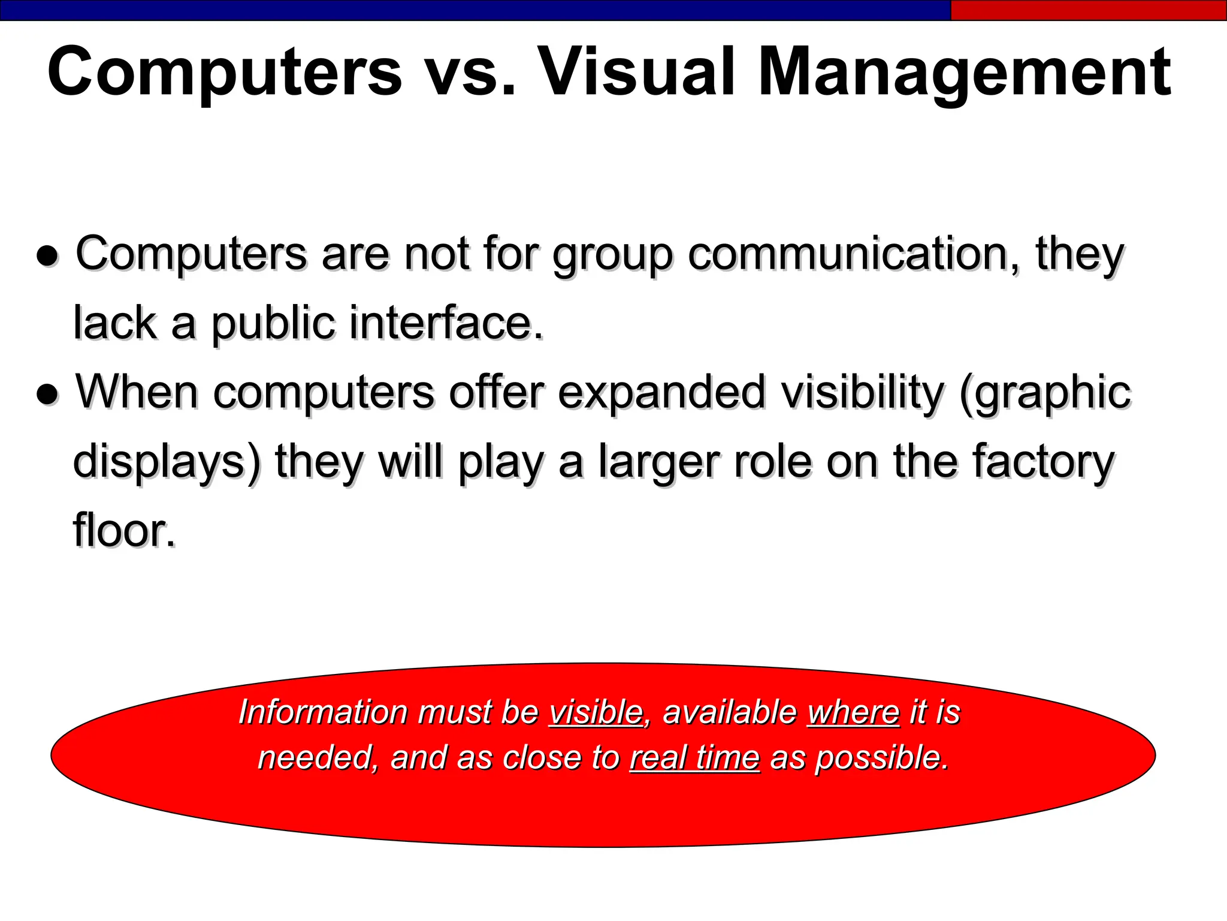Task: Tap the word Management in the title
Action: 964,73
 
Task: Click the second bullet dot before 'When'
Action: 47,395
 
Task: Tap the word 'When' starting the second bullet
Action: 137,392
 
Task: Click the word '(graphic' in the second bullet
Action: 1045,393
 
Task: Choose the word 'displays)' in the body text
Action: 167,462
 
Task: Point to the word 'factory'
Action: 1042,461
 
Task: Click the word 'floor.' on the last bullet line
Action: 125,530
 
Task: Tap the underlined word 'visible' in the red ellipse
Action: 596,712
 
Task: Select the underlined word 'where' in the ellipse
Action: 853,712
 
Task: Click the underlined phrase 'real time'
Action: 694,757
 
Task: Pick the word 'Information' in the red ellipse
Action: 324,712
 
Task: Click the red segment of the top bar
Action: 1088,10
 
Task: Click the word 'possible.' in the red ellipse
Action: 882,759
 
